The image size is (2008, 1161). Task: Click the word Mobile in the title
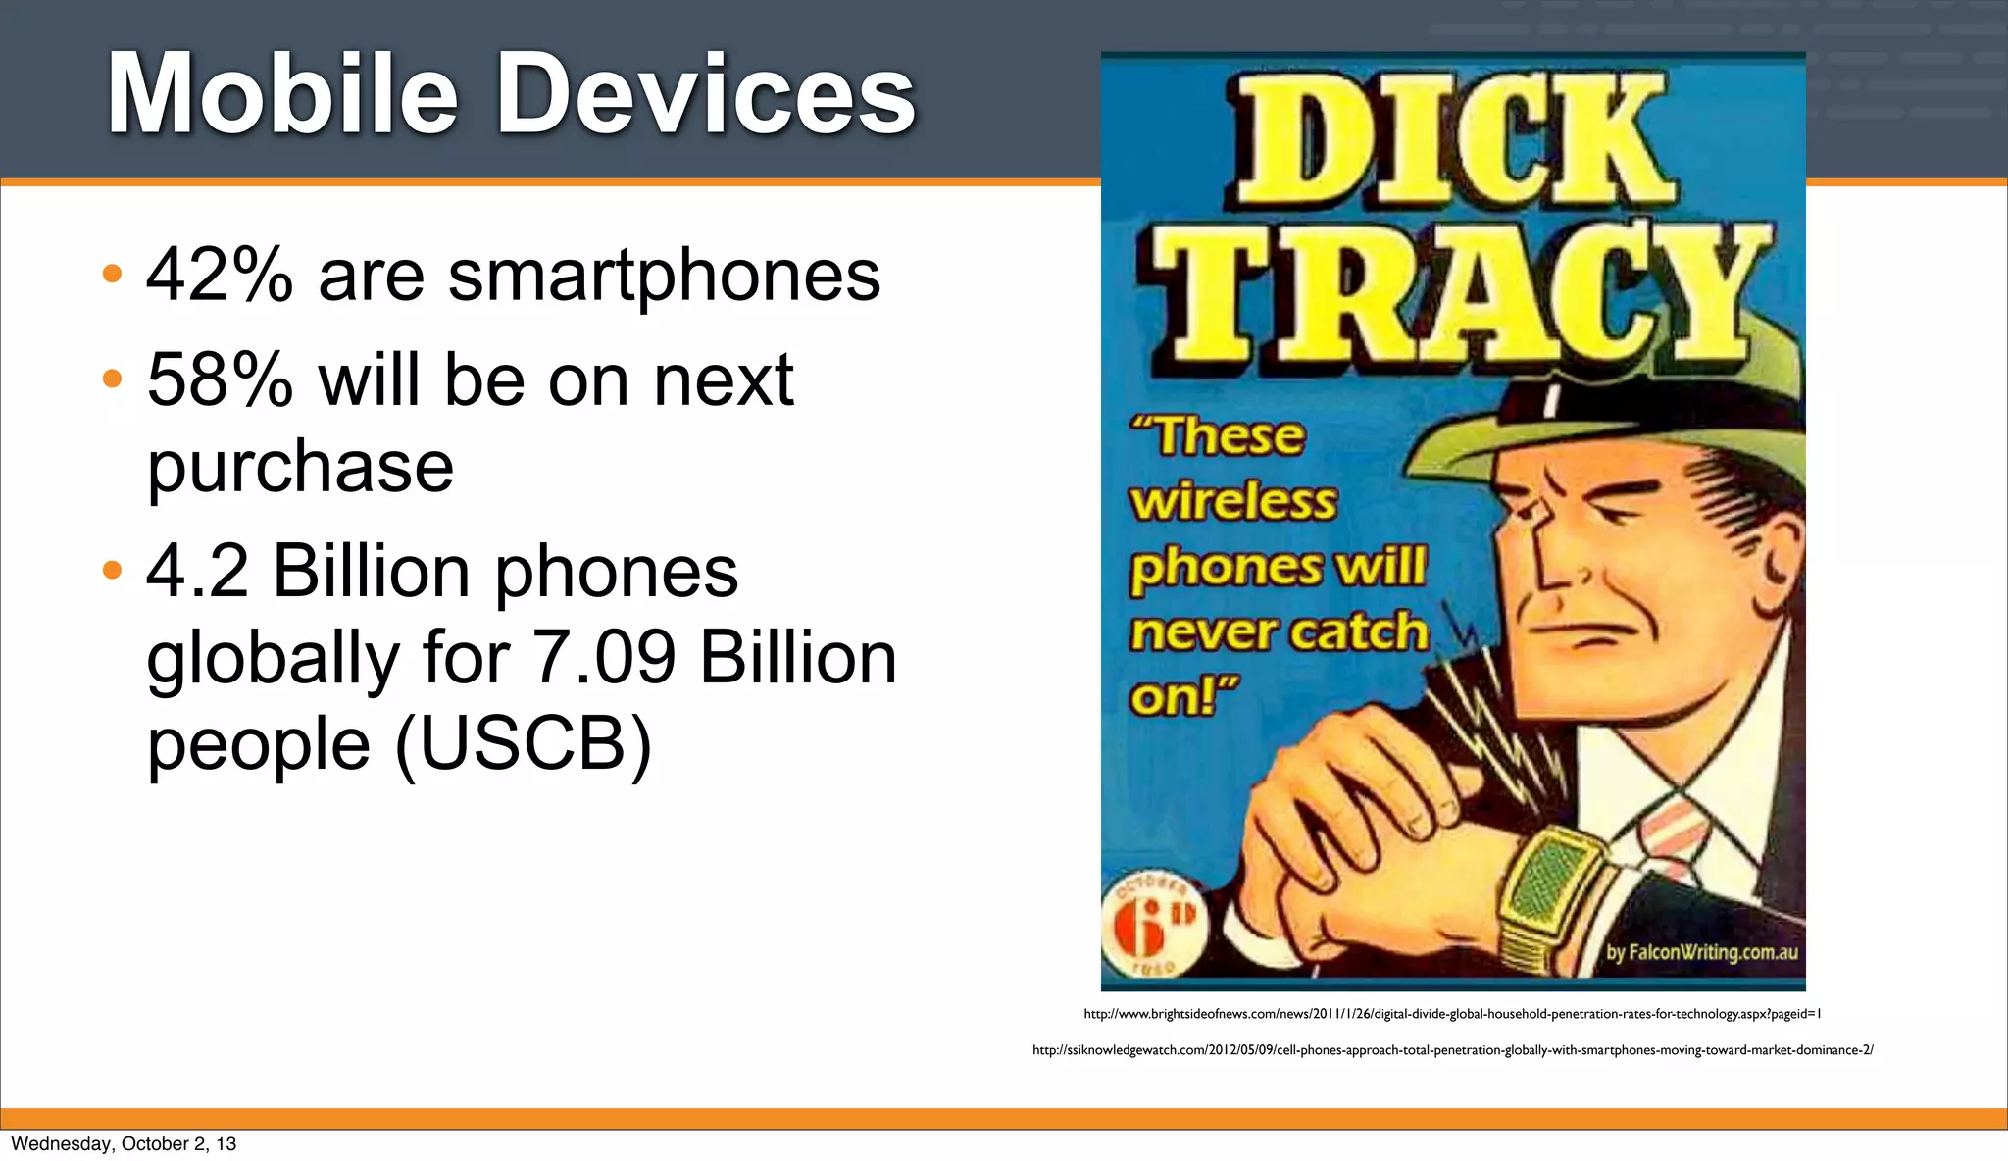point(282,95)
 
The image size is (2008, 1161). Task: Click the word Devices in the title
point(706,95)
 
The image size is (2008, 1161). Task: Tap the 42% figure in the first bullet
point(220,276)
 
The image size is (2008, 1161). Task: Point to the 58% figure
point(220,380)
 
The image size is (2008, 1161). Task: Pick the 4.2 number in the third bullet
point(197,572)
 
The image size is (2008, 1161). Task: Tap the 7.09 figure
point(604,658)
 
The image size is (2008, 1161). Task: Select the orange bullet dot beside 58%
point(113,378)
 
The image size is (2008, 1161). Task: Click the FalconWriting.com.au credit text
point(1701,952)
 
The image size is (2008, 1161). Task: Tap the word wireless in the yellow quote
point(1232,502)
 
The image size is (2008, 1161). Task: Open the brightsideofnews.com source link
point(1451,1014)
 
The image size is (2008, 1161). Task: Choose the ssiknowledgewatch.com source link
point(1452,1050)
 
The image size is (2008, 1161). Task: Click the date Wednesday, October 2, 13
point(124,1144)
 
